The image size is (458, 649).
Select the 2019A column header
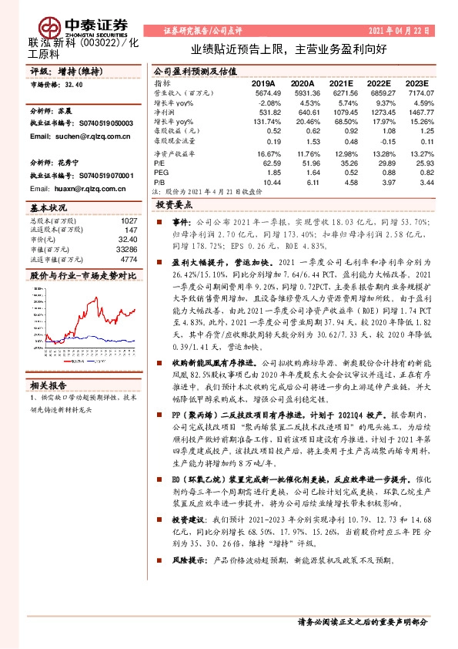pos(263,82)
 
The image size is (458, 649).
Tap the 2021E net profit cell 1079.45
pos(343,112)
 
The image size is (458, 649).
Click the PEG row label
pos(161,173)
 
